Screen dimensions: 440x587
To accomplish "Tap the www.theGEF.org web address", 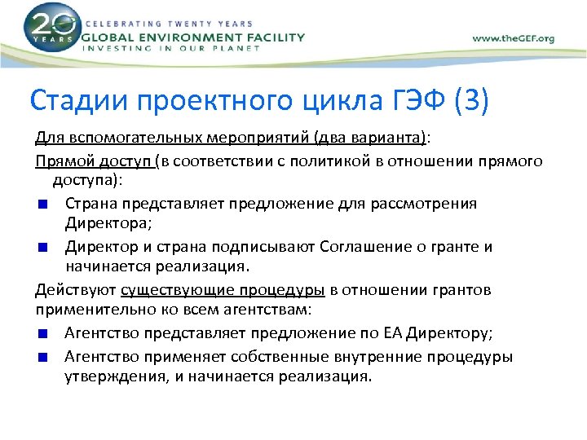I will [514, 38].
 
